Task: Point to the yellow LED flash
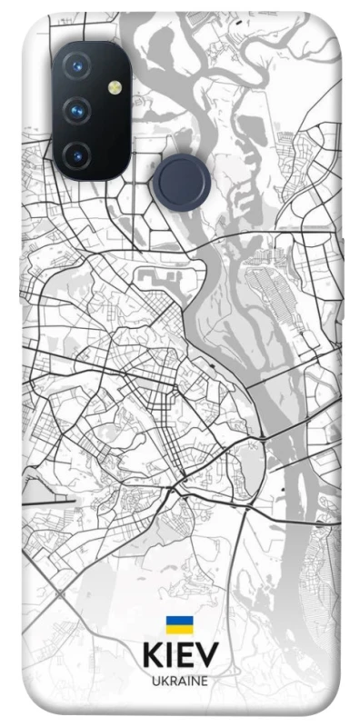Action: pyautogui.click(x=115, y=89)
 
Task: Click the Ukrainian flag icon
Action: pyautogui.click(x=178, y=625)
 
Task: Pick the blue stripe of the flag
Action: pyautogui.click(x=178, y=621)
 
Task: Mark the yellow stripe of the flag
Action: pyautogui.click(x=178, y=630)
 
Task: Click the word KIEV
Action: pyautogui.click(x=179, y=656)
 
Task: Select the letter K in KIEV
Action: pyautogui.click(x=151, y=656)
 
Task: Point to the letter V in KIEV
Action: pyautogui.click(x=207, y=656)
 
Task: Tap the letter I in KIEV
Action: pyautogui.click(x=167, y=656)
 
